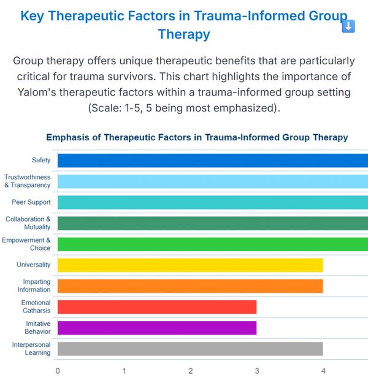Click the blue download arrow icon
[x=348, y=26]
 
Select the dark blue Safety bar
[x=213, y=161]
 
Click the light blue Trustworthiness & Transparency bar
[x=213, y=181]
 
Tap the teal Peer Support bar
[x=213, y=202]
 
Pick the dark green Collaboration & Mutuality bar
[x=213, y=223]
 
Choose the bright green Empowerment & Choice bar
[x=213, y=244]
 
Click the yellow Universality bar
[x=190, y=265]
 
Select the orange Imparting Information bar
[x=190, y=286]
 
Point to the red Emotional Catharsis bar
[x=157, y=307]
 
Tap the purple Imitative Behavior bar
[x=157, y=328]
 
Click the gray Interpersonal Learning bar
[x=190, y=349]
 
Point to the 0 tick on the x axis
[x=58, y=371]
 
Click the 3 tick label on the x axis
[x=257, y=371]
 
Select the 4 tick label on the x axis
[x=323, y=371]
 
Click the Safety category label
[x=41, y=160]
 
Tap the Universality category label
[x=33, y=265]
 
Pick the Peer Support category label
[x=31, y=202]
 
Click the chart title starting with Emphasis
[x=197, y=137]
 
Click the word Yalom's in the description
[x=37, y=93]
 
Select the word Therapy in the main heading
[x=184, y=34]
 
